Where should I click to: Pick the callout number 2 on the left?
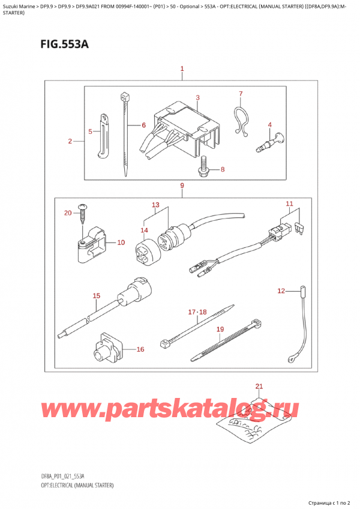(70, 142)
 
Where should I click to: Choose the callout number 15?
(96, 296)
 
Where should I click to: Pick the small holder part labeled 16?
(108, 346)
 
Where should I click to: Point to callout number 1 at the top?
(182, 69)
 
